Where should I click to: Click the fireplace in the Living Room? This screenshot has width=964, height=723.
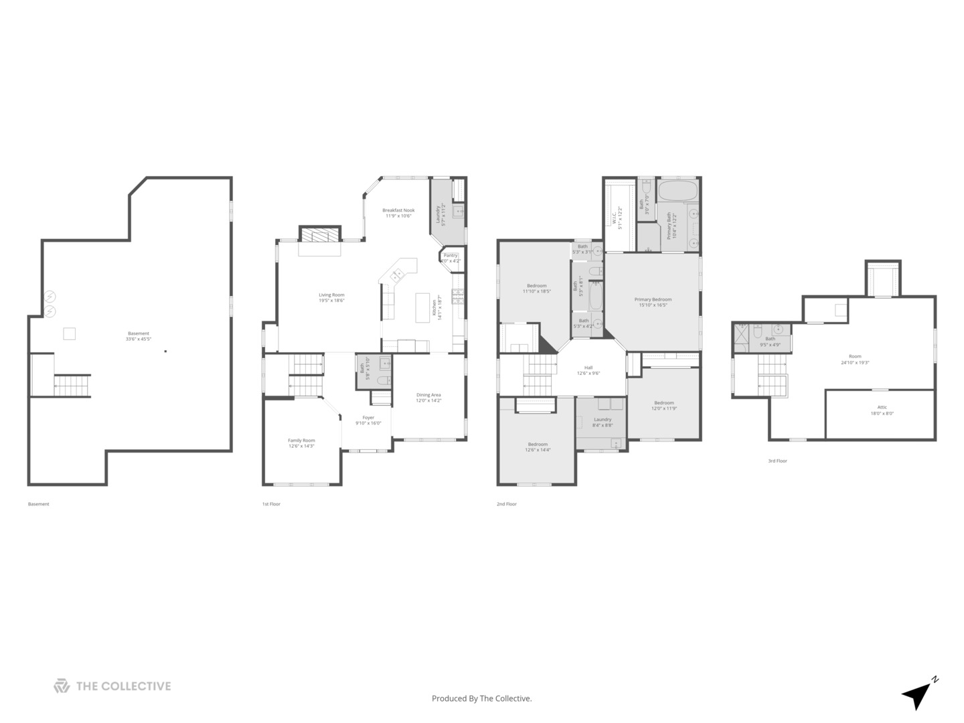pos(319,235)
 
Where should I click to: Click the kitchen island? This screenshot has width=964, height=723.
pos(422,307)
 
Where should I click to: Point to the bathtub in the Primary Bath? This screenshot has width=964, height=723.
pos(678,191)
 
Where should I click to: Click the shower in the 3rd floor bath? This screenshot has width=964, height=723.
pos(742,338)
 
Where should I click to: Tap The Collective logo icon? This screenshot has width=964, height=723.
pos(62,686)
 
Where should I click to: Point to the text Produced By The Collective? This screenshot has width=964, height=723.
pos(482,698)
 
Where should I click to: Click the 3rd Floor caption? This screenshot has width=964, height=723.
pos(777,461)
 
